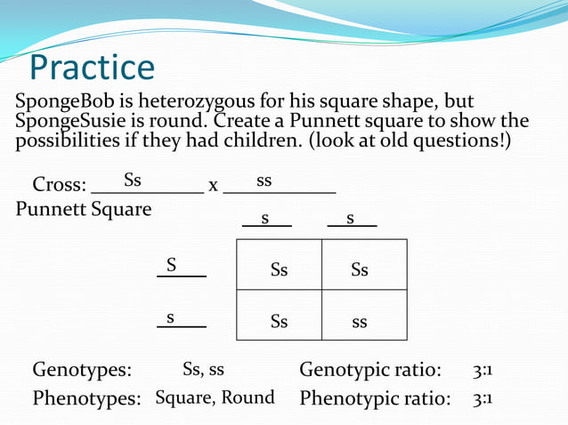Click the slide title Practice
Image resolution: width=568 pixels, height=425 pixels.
click(x=92, y=68)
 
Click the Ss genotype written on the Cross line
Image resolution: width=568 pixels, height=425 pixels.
click(x=133, y=180)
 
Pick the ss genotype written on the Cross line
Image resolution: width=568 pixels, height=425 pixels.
click(x=264, y=181)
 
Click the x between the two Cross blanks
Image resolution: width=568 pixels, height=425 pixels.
click(x=213, y=186)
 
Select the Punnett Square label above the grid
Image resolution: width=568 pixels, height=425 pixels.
click(x=84, y=210)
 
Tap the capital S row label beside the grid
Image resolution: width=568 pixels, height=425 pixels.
click(x=171, y=265)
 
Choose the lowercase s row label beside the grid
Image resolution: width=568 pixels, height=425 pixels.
click(x=170, y=317)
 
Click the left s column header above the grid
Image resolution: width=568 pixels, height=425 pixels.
click(x=265, y=218)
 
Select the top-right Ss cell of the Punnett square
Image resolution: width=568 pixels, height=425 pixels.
click(x=360, y=269)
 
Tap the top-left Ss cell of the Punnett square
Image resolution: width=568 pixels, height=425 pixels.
click(x=279, y=269)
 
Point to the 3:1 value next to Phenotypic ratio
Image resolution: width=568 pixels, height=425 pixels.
click(x=482, y=398)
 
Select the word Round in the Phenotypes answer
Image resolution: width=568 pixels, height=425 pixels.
click(x=247, y=397)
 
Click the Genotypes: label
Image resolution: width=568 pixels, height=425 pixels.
click(x=82, y=370)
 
